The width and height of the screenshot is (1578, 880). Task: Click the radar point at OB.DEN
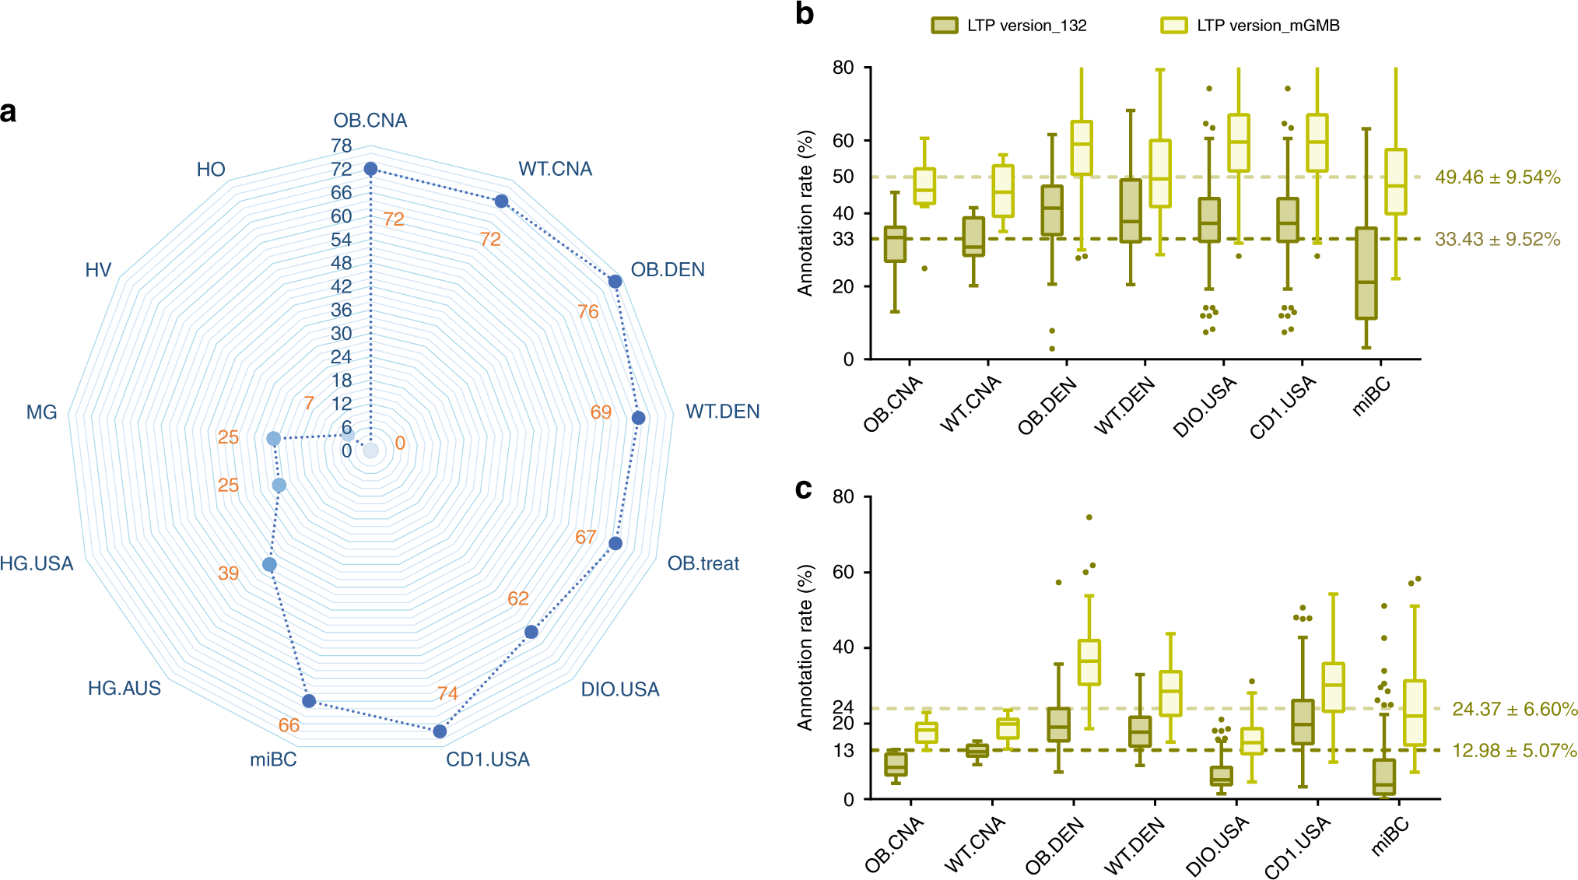615,282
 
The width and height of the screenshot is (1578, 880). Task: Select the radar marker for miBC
309,701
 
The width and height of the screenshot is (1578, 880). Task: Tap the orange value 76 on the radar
587,312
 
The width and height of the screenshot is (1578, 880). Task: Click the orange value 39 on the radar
228,573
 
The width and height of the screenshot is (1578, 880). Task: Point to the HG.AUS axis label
124,689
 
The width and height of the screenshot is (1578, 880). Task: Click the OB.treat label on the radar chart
703,563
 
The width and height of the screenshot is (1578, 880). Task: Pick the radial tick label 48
341,263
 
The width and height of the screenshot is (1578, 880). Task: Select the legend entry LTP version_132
1026,26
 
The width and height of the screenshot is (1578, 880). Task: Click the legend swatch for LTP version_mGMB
1173,26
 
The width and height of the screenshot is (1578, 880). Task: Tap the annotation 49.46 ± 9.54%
1497,177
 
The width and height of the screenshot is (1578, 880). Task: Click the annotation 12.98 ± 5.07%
1514,751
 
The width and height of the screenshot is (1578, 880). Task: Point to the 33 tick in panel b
843,240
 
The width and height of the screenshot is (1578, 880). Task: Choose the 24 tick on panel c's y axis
843,707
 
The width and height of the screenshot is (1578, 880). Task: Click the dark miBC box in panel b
1366,272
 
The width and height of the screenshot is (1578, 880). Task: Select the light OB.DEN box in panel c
1089,662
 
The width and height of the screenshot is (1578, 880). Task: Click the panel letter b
805,14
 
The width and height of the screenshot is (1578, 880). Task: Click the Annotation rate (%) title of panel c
805,647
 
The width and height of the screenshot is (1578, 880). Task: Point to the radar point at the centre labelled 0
371,451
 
